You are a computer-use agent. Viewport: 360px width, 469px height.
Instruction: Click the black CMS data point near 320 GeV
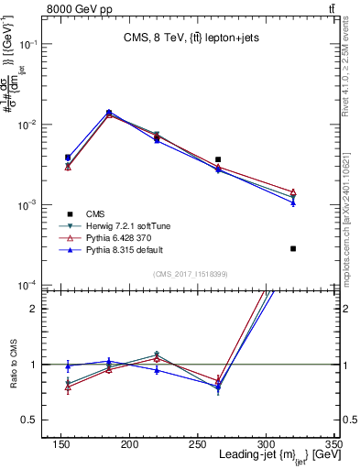(293, 248)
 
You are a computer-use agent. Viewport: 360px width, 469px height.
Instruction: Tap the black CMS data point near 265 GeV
(218, 159)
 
